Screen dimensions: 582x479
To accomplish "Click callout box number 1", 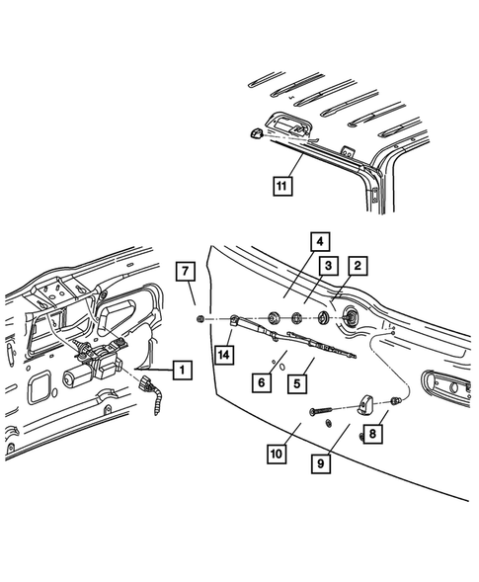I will [x=181, y=371].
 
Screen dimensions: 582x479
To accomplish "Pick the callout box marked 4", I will [x=317, y=241].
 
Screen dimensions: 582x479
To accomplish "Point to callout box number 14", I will [x=224, y=352].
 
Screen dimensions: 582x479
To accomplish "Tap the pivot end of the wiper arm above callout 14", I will [x=236, y=318].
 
